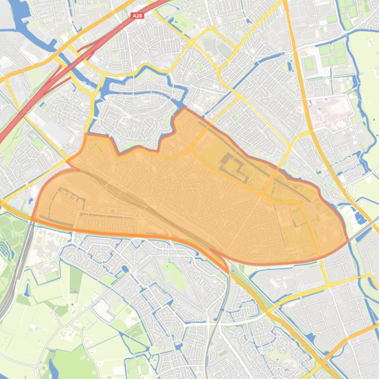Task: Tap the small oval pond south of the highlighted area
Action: [x=124, y=269]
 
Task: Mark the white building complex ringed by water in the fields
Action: [x=103, y=308]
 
